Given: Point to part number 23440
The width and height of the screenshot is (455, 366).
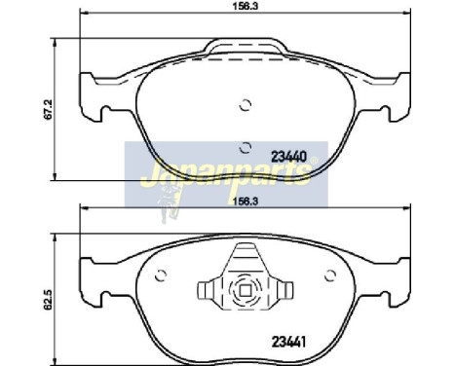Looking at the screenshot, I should pos(288,155).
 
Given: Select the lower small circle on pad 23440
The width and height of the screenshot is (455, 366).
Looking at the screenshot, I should pos(244,147).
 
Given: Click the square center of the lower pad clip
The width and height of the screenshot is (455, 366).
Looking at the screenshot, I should pos(245,290).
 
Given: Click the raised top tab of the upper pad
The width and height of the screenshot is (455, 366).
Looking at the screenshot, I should pos(244,48).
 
